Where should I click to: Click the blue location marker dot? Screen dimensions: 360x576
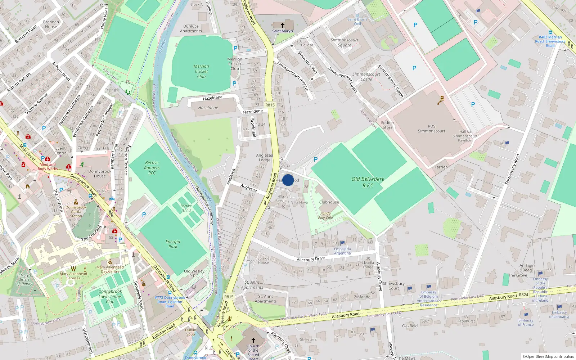(288, 180)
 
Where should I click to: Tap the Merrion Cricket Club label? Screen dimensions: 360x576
(201, 71)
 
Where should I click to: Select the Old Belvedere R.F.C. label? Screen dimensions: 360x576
(368, 182)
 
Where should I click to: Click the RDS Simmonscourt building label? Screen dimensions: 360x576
(431, 129)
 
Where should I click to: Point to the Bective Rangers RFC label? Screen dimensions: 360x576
(152, 168)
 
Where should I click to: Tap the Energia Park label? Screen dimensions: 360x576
(173, 244)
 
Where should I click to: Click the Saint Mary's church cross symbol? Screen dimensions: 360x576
(283, 25)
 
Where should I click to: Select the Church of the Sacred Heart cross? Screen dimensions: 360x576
(253, 340)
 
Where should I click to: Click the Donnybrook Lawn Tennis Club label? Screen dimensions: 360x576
(110, 297)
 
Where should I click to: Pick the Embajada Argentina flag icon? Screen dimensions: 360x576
(342, 243)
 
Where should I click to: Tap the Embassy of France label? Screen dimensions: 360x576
(526, 322)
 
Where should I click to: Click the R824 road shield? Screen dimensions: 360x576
(523, 295)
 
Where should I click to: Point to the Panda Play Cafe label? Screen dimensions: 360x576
(325, 215)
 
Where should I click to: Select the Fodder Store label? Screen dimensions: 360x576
(388, 125)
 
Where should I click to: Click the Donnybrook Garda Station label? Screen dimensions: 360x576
(76, 212)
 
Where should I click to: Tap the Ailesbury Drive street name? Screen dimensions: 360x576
(311, 259)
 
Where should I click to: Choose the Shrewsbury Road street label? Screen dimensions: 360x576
(512, 169)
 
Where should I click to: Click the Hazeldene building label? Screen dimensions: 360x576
(208, 108)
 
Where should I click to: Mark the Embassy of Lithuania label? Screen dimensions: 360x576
(559, 315)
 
